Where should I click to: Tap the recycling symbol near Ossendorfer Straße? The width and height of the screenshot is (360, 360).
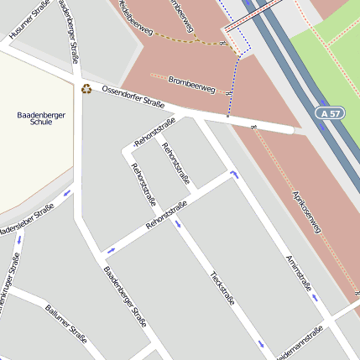86,87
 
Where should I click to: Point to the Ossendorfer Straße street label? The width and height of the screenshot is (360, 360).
132,97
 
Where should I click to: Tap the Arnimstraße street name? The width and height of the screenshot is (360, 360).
299,274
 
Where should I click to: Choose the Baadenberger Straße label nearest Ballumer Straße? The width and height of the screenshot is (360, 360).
125,296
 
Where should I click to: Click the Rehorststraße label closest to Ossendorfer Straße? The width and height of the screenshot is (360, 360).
154,133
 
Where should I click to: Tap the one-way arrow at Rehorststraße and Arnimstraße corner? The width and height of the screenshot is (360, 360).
233,175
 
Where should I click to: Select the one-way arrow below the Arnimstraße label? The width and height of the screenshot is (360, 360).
315,296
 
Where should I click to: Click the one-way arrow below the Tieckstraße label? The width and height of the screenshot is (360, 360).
262,344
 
